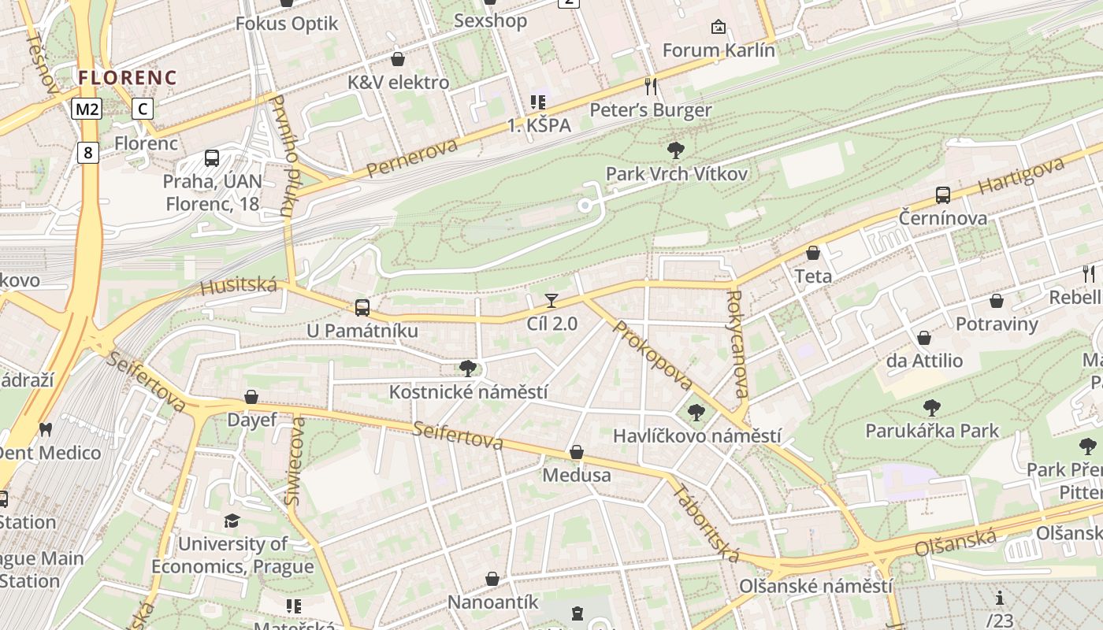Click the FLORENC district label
point(128,77)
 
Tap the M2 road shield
point(87,109)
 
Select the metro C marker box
point(143,109)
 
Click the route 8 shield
point(87,152)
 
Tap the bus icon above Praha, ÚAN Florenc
point(212,158)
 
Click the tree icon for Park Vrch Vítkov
point(675,150)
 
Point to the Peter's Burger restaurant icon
point(651,86)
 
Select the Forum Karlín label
point(719,50)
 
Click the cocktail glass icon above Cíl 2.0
point(551,300)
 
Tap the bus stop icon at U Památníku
point(362,307)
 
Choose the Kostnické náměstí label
point(468,391)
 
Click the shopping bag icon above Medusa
point(577,452)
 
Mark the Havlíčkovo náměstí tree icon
point(696,412)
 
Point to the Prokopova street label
point(652,355)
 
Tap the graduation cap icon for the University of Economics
point(232,521)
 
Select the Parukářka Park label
point(932,431)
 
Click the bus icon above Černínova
point(942,195)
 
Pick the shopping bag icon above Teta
point(813,253)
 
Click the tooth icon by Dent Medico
point(46,429)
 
